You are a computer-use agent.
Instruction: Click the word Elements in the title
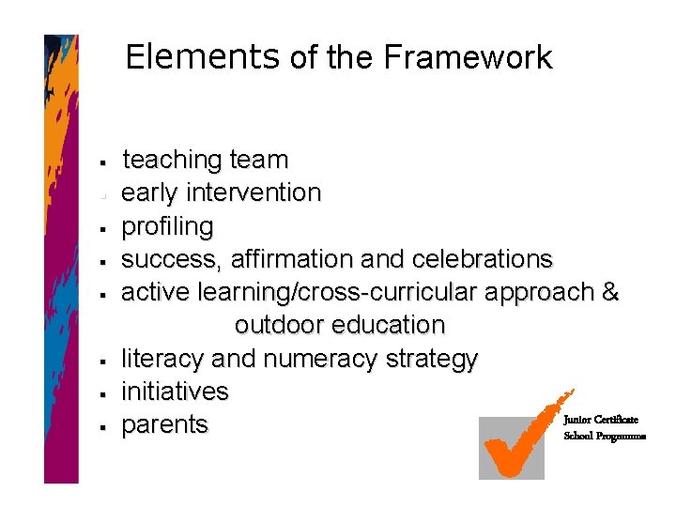pos(202,57)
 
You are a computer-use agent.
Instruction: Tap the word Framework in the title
pos(468,57)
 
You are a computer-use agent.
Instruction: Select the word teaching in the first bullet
pos(173,161)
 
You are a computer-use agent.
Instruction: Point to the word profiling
pos(168,227)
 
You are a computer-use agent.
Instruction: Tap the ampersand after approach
pos(611,292)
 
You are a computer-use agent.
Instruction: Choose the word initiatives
pos(176,391)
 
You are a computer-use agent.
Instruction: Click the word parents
pos(165,424)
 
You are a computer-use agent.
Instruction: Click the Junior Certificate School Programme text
pos(604,428)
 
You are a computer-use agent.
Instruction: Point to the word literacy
pos(164,359)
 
